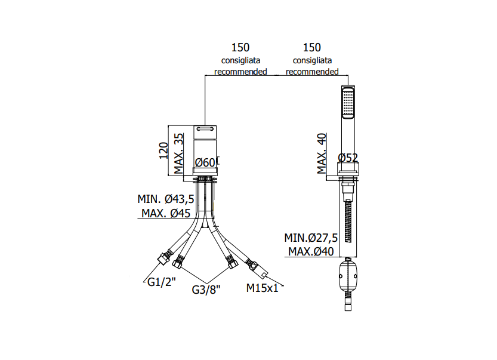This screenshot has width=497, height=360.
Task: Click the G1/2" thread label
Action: coord(161,282)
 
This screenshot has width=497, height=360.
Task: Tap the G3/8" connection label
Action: coord(206,290)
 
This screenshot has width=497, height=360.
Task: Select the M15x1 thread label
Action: coord(262,288)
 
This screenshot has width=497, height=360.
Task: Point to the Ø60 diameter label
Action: coord(205,163)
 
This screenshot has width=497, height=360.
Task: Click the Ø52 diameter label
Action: coord(348,158)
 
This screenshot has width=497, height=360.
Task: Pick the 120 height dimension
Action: coord(163,150)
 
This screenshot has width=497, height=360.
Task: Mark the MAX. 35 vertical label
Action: coord(178,153)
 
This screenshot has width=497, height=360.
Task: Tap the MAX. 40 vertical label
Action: coord(322,153)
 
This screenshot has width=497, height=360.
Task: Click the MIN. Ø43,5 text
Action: coord(166,199)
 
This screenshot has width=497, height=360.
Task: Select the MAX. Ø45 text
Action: coord(166,213)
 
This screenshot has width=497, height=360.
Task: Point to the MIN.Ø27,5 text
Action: coord(311,238)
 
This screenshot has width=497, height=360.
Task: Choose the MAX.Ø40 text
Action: coord(311,251)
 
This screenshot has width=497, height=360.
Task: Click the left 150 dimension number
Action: coord(240,48)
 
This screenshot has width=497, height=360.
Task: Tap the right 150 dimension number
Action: coord(312,48)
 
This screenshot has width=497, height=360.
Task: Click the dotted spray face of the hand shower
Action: coord(348,102)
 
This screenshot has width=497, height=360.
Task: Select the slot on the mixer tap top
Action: coord(205,129)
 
